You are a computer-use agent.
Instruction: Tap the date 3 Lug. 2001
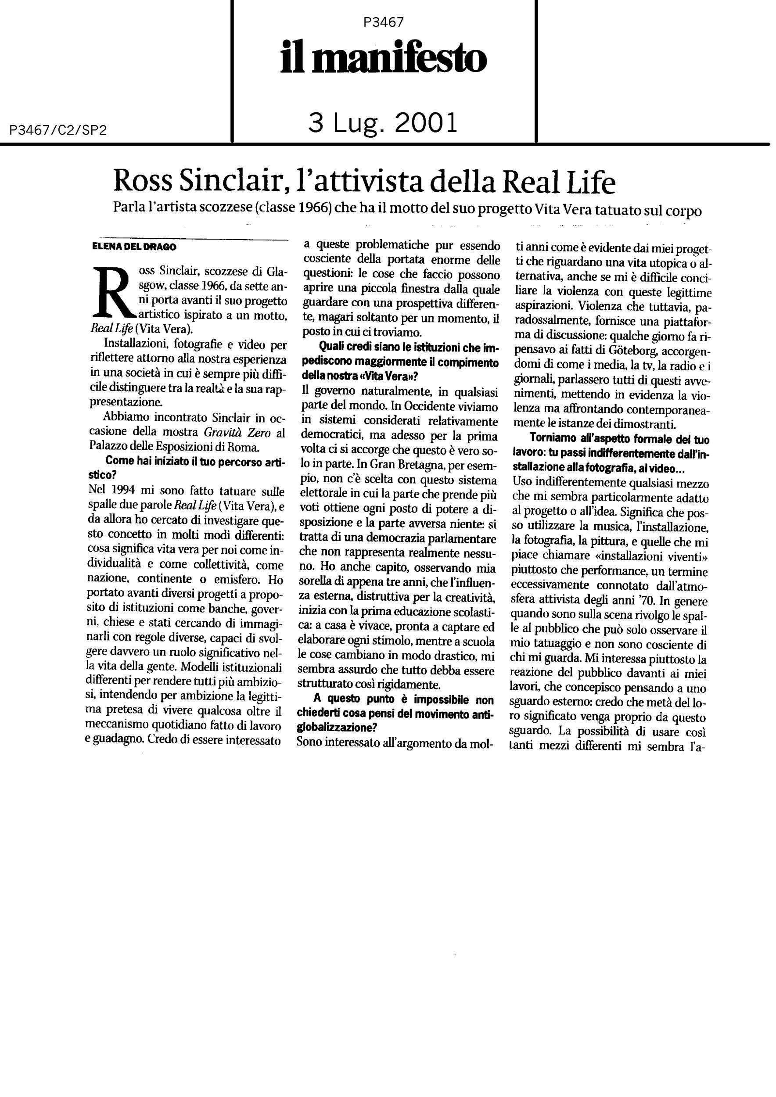pos(383,122)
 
